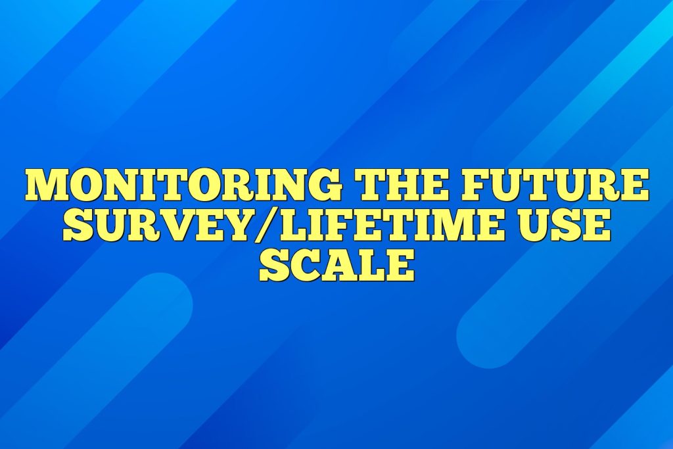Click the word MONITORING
click(x=184, y=185)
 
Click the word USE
click(x=562, y=225)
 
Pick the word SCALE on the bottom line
click(x=336, y=266)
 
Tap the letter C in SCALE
click(x=302, y=266)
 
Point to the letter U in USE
click(x=533, y=225)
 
